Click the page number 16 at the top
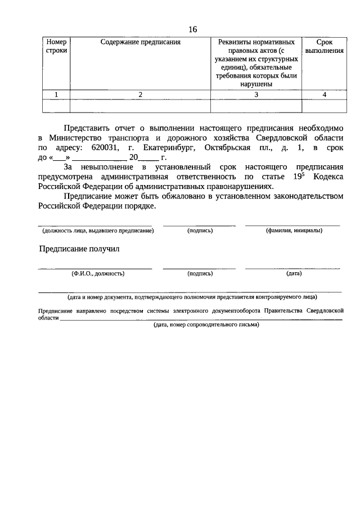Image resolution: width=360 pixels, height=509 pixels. pos(192,29)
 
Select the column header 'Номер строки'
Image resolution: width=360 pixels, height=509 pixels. pos(56,46)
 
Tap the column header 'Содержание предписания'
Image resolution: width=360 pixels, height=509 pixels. pos(140,42)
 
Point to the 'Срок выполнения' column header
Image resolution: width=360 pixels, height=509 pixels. pos(325,46)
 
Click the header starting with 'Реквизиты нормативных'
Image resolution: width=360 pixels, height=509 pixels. pos(256,42)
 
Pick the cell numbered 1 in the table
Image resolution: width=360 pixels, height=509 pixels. pos(56,94)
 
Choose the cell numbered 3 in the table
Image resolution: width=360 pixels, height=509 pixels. pos(256,94)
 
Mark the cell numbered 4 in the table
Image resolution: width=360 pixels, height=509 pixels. pos(325,94)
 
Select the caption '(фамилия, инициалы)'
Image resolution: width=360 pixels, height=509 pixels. pos(293,231)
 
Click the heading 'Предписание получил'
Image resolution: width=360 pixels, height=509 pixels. pos(79,249)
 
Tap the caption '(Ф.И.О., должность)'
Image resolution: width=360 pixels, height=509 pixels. pos(94,274)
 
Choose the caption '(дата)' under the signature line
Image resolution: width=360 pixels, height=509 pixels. pos(293,274)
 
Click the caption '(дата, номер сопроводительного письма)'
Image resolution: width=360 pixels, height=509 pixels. pos(206,325)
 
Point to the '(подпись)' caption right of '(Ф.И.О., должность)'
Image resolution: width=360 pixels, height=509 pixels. pos(200,274)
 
